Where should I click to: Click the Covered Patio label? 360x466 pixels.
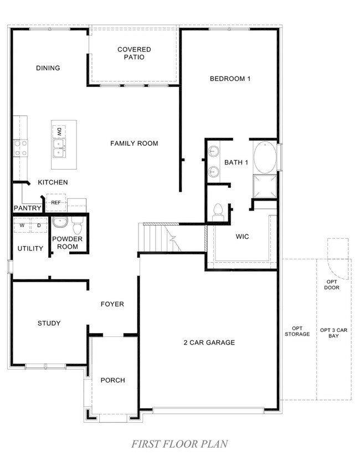(x=134, y=53)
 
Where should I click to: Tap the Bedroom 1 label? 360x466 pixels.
(x=230, y=79)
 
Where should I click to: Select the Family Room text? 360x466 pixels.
(x=134, y=144)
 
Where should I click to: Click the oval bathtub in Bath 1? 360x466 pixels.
(x=265, y=157)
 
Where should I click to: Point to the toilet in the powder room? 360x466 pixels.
(x=78, y=226)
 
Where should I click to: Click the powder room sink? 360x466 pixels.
(x=60, y=222)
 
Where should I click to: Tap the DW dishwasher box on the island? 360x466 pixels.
(x=59, y=132)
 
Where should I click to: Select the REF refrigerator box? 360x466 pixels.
(x=56, y=202)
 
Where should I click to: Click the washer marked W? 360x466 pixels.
(x=22, y=226)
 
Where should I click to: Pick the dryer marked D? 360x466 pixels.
(x=39, y=226)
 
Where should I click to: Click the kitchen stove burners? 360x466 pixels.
(x=20, y=148)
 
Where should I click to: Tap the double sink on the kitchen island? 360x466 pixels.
(x=60, y=148)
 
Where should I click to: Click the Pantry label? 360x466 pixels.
(x=28, y=208)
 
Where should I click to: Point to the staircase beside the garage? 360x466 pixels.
(x=160, y=238)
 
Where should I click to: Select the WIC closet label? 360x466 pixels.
(x=243, y=237)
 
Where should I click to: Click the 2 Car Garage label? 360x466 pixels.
(x=209, y=342)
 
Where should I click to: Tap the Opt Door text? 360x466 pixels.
(x=332, y=285)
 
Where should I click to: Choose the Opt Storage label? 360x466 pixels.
(x=297, y=331)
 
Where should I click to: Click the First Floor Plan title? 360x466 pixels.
(x=179, y=444)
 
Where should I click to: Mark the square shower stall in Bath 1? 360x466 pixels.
(x=265, y=186)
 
